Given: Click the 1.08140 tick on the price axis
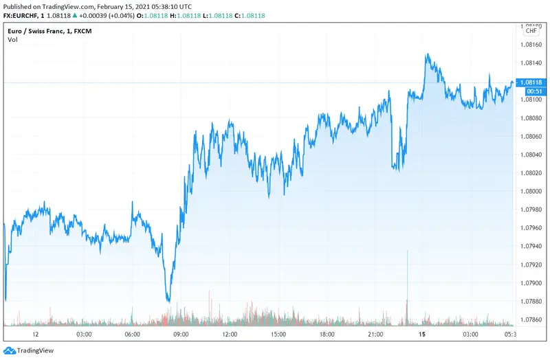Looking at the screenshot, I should [533, 63].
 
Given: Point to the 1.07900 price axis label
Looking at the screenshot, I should [533, 282].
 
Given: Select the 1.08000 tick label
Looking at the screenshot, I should [533, 191].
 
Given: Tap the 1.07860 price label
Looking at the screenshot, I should [533, 319].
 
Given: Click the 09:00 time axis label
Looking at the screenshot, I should [181, 334].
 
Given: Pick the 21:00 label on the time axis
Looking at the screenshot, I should [375, 334].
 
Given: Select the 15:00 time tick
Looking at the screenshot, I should [278, 334].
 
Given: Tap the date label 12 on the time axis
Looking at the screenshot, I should [36, 334].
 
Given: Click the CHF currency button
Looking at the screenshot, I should [531, 31].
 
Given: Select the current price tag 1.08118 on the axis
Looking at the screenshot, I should [533, 82].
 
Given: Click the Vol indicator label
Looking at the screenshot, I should [13, 40].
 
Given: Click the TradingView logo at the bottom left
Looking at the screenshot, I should [30, 350].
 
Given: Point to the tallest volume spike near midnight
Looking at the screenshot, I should [408, 253].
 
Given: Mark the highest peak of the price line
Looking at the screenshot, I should [427, 54].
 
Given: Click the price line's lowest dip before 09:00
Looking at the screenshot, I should [168, 300].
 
